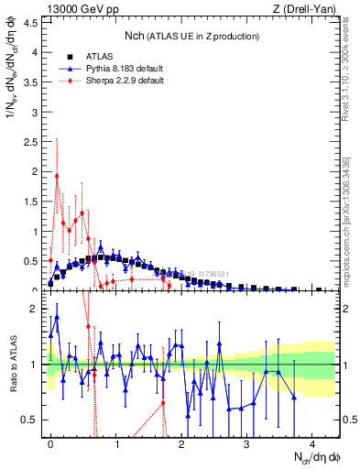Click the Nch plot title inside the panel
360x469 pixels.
(191, 36)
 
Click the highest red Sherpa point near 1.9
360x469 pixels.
(57, 176)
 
